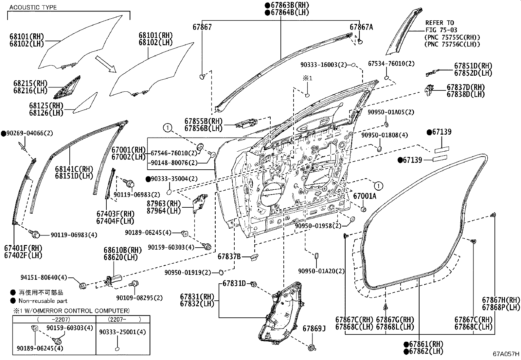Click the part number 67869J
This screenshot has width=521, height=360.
click(314, 328)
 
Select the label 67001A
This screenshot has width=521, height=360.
click(365, 196)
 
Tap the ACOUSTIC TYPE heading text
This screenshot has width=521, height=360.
click(33, 7)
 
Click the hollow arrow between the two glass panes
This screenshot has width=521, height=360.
click(106, 64)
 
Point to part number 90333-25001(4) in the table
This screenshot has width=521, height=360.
click(123, 332)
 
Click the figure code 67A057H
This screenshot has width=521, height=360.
click(506, 354)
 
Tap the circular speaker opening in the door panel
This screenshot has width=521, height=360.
click(271, 194)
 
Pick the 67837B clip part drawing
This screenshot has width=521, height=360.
click(254, 257)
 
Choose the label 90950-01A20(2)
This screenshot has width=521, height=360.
click(321, 271)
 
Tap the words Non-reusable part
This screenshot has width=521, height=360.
click(43, 301)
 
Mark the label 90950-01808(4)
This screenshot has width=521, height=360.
click(384, 135)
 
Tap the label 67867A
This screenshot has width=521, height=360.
click(361, 27)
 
